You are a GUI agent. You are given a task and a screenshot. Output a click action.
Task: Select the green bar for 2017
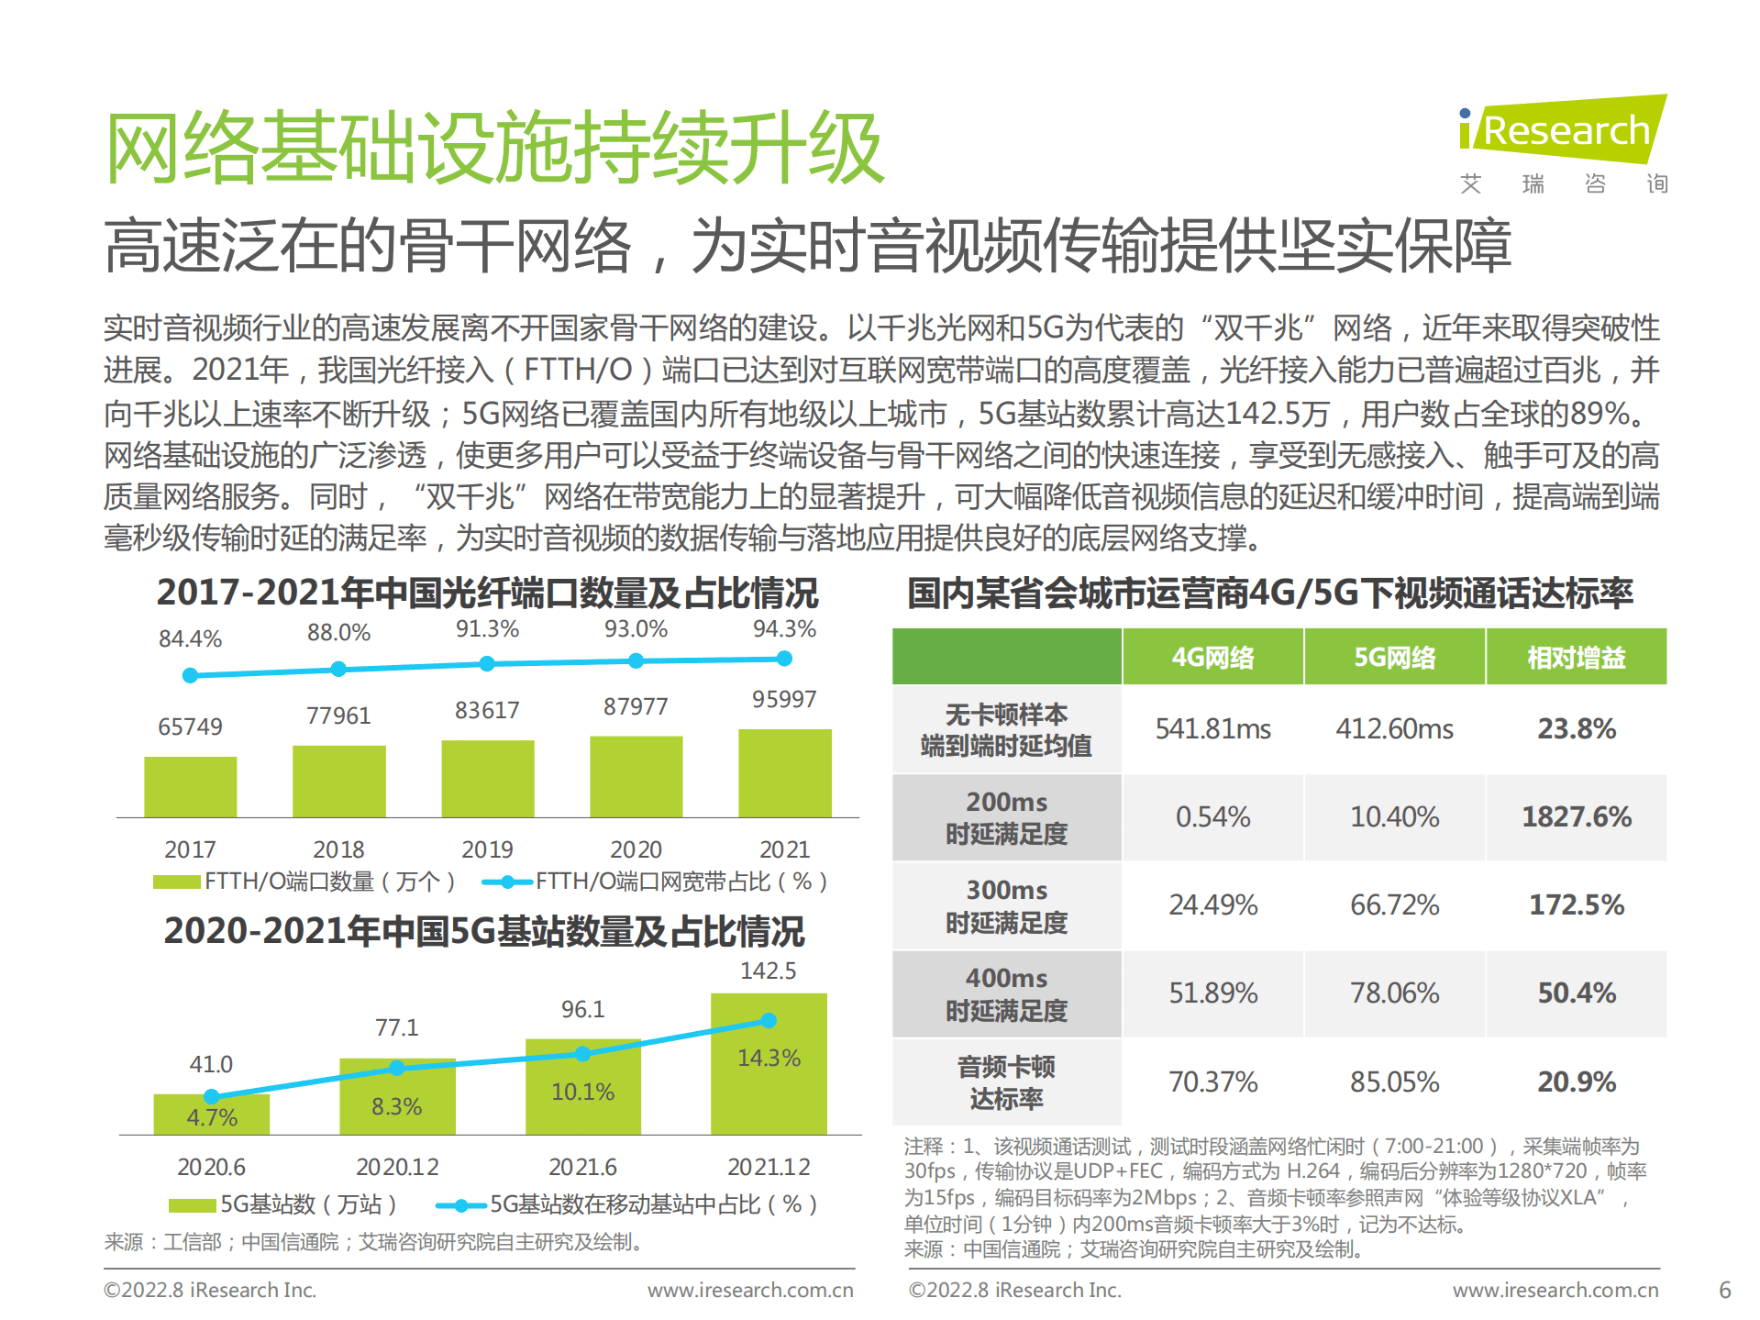[x=190, y=786]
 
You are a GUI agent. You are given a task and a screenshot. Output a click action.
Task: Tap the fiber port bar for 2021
[x=784, y=772]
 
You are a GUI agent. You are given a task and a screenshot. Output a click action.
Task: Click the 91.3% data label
[x=487, y=629]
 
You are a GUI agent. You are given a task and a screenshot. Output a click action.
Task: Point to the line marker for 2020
[x=636, y=660]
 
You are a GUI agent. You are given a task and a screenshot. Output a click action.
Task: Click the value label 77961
[x=338, y=715]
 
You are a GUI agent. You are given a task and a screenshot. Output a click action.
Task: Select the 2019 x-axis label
[x=487, y=849]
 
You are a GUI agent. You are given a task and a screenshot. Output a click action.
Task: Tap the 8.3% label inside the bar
[x=396, y=1106]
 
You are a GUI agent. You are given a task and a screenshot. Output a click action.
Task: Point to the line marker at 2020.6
[x=211, y=1096]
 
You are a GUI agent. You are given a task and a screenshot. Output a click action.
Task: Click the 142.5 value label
[x=769, y=971]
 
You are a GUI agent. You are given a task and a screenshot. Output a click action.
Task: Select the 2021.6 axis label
[x=582, y=1167]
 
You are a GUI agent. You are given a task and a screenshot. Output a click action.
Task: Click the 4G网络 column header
[x=1212, y=657]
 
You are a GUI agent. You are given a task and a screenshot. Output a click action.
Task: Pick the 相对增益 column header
[x=1576, y=657]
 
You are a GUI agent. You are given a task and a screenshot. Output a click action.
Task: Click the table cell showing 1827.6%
[x=1576, y=816]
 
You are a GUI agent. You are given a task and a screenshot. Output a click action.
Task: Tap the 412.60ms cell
[x=1394, y=729]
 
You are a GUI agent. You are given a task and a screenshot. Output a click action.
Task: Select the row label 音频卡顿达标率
[x=1006, y=1082]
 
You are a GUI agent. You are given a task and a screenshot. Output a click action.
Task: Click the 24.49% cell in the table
[x=1212, y=905]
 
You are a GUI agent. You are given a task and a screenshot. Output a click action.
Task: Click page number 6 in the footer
[x=1724, y=1290]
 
